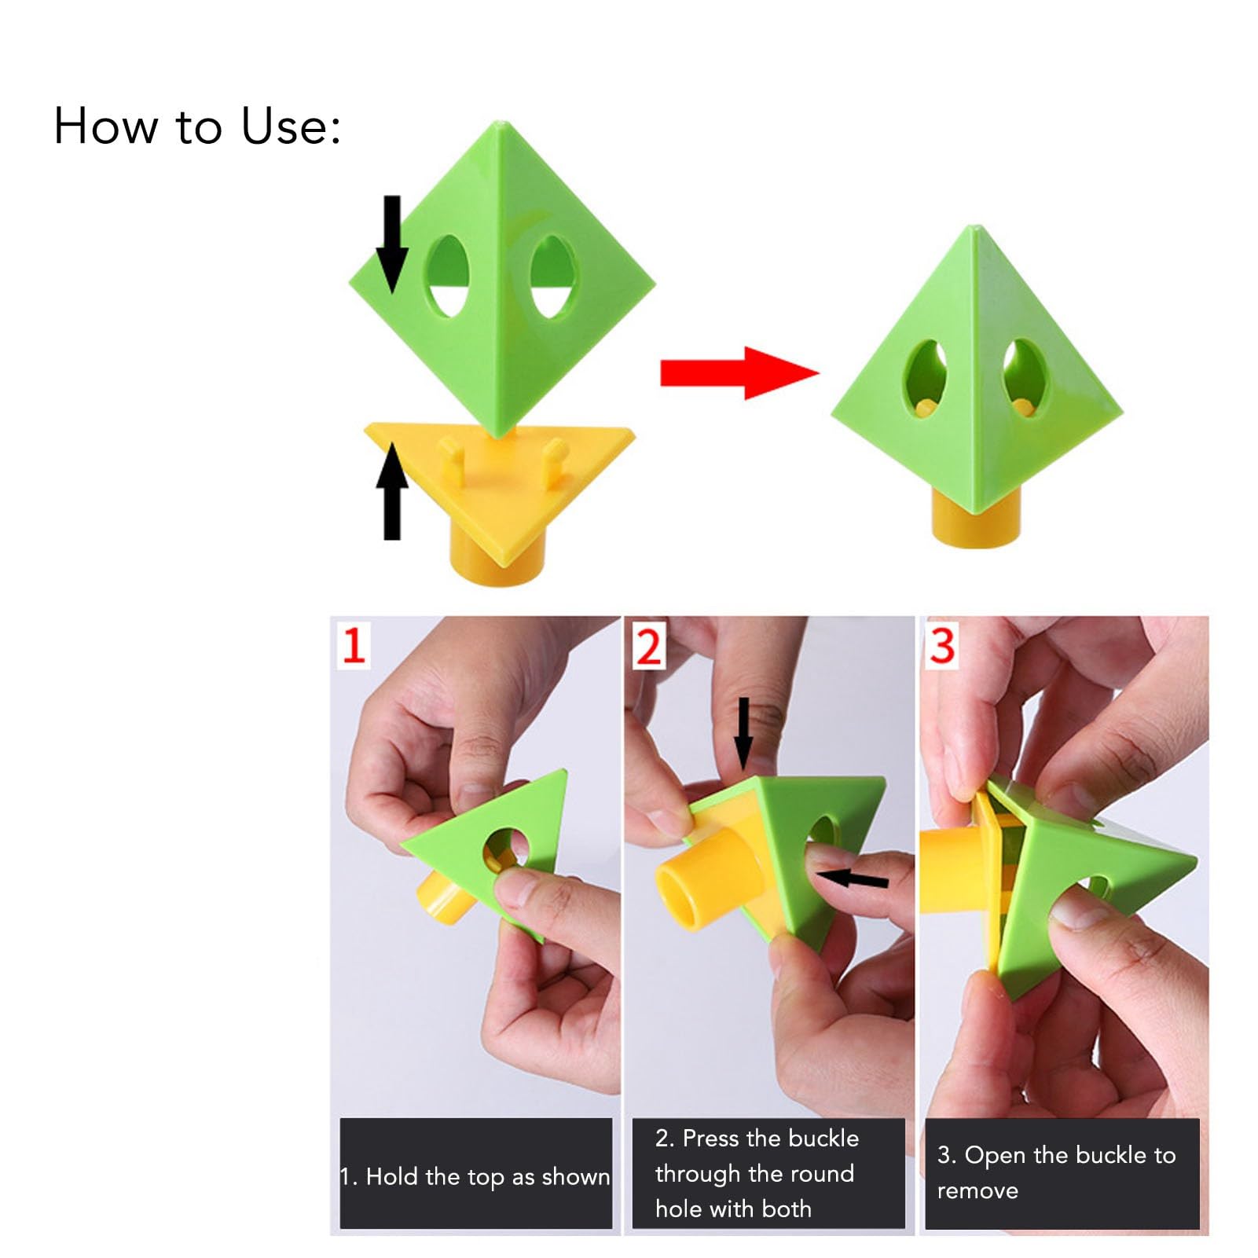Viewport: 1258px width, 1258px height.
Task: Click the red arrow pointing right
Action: coord(739,372)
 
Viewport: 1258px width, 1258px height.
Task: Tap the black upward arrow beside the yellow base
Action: coord(391,491)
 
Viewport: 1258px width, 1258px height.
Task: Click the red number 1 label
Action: coord(354,646)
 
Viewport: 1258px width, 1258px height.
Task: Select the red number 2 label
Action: coord(649,646)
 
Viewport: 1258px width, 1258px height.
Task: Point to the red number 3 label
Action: coord(942,645)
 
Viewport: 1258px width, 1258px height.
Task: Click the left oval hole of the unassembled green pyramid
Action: coord(448,276)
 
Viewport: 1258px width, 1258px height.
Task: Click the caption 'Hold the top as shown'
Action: coord(487,1176)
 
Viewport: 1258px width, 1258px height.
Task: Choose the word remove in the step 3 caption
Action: coord(977,1190)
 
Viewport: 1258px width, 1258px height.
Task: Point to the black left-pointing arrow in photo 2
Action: coord(852,878)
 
